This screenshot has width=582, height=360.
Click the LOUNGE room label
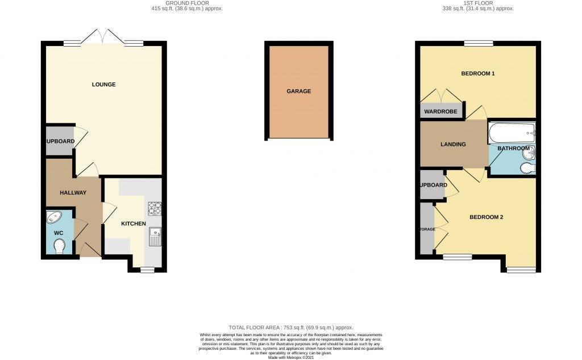point(103,85)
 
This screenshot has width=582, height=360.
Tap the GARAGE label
point(298,91)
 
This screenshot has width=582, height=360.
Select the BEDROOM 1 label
point(477,73)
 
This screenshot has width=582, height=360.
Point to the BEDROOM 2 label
point(486,217)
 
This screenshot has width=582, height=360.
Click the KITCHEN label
point(133,224)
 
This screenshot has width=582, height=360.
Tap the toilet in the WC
point(58,246)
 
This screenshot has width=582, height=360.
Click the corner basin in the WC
point(55,217)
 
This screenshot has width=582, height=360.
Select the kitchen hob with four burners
point(155,209)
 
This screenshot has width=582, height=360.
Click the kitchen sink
point(155,236)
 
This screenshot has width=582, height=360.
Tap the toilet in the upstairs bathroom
point(527,167)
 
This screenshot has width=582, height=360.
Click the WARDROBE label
point(440,111)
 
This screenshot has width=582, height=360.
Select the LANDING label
point(453,144)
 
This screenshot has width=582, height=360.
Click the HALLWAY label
point(73,193)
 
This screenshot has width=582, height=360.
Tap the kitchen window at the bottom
point(147,270)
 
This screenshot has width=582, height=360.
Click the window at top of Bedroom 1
point(478,43)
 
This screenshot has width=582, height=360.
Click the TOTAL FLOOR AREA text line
point(290,328)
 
